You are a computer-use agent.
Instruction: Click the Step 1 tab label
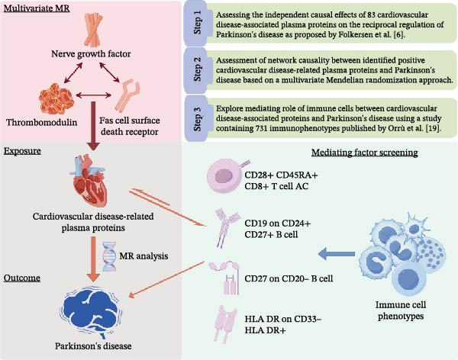point(198,22)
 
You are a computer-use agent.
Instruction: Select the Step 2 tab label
point(198,69)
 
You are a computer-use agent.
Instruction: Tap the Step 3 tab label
point(198,119)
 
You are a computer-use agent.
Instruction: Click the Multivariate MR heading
point(37,8)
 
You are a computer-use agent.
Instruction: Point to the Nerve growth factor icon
point(93,30)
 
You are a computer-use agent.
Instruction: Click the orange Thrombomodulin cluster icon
point(56,98)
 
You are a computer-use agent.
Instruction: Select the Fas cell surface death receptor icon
point(127,95)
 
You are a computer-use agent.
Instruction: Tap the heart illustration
point(87,180)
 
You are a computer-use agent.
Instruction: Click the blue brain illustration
point(91,311)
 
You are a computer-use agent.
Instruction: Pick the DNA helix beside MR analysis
point(109,256)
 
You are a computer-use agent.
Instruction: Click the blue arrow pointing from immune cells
point(336,254)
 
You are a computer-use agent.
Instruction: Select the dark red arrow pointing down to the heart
point(93,126)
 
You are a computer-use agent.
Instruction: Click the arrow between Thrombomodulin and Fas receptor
point(93,95)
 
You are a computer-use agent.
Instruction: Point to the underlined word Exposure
point(22,151)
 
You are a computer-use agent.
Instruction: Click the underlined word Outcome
point(22,278)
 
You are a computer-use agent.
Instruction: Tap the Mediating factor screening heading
point(365,153)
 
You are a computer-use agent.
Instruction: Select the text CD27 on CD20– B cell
point(289,278)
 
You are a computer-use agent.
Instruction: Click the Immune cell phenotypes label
point(401,310)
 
